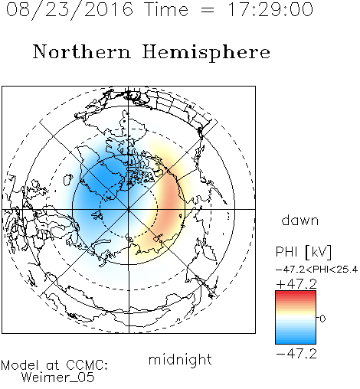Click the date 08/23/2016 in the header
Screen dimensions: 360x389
click(x=70, y=9)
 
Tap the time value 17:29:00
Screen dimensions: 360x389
click(x=270, y=9)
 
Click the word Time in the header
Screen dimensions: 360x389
click(x=166, y=9)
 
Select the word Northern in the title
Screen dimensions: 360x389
click(x=82, y=51)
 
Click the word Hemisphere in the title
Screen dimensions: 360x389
click(x=206, y=53)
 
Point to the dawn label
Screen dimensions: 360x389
click(x=300, y=220)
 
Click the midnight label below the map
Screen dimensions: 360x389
click(x=180, y=359)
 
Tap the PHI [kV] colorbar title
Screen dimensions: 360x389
click(x=303, y=252)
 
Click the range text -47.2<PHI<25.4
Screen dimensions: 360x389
click(x=316, y=270)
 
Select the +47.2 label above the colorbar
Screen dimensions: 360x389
click(x=296, y=284)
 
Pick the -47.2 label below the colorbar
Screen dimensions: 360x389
click(x=296, y=354)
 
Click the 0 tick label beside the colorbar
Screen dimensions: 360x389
click(x=322, y=319)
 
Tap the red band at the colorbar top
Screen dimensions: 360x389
click(x=296, y=293)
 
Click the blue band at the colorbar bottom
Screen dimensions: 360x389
click(x=296, y=341)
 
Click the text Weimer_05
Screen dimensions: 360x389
click(x=58, y=377)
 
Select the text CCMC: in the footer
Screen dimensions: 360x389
click(x=87, y=365)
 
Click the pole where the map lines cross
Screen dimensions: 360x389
click(x=129, y=209)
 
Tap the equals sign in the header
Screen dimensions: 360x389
click(x=208, y=10)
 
